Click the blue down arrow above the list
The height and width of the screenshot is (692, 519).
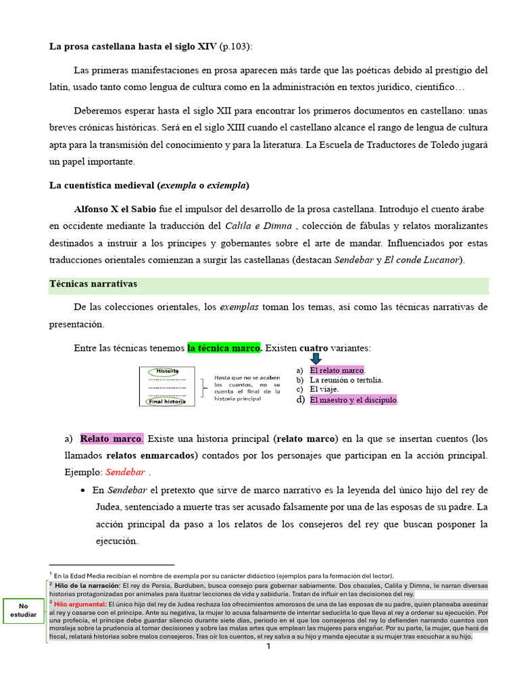[317, 359]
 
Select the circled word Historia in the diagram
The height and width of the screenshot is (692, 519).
[167, 371]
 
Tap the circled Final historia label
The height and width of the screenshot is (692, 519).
[167, 401]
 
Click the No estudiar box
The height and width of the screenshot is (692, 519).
[24, 611]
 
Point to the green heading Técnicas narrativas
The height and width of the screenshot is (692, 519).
[93, 284]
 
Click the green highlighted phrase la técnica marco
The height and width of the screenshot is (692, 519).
[224, 348]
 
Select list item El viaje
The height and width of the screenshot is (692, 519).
[324, 389]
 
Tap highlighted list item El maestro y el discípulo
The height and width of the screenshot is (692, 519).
[354, 400]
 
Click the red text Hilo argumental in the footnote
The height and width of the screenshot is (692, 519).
[80, 603]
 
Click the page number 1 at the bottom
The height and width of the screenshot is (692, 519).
[268, 647]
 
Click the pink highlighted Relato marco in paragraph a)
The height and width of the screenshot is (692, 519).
[112, 439]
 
